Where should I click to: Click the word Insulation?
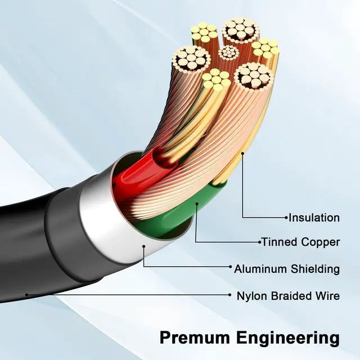click(x=314, y=217)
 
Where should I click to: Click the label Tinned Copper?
click(x=300, y=242)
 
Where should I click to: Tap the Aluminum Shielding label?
click(x=287, y=268)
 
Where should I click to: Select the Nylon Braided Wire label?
click(x=288, y=295)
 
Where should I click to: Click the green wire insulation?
click(x=169, y=222)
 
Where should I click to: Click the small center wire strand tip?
click(x=227, y=53)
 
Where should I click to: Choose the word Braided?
click(x=286, y=295)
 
